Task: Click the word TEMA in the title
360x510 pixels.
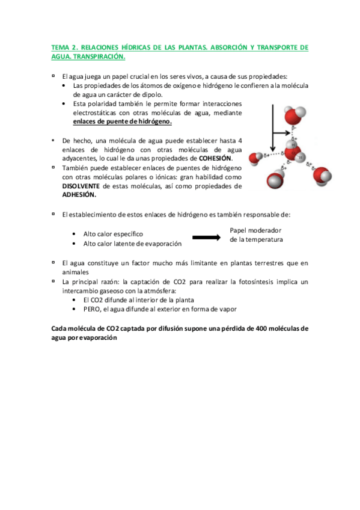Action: click(x=58, y=46)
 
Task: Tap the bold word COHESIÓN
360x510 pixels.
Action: click(x=215, y=158)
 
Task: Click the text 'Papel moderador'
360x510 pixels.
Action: click(x=256, y=230)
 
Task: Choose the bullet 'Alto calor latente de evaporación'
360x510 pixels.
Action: click(x=132, y=243)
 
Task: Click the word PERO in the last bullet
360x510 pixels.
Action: click(x=94, y=309)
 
